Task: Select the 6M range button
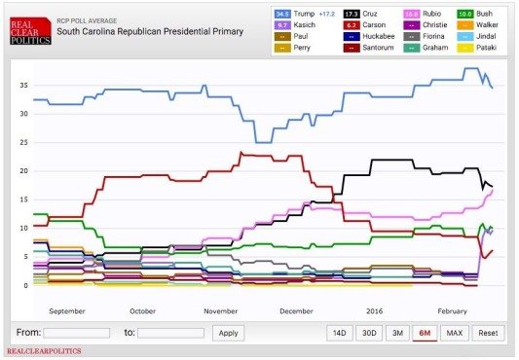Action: (425, 332)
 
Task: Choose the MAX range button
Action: (454, 332)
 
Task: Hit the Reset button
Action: (489, 332)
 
